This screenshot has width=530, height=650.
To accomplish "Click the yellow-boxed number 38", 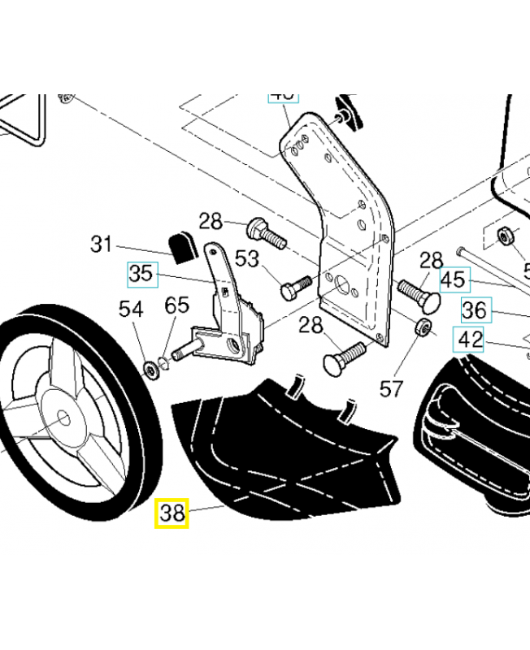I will pyautogui.click(x=172, y=513).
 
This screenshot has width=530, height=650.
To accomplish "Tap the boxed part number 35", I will pyautogui.click(x=141, y=274).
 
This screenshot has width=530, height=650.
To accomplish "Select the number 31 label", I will pyautogui.click(x=101, y=243).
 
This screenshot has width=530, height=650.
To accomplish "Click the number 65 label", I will pyautogui.click(x=176, y=305).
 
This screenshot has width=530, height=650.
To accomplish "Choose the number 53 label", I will pyautogui.click(x=247, y=259).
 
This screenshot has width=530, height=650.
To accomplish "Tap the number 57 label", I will pyautogui.click(x=392, y=388).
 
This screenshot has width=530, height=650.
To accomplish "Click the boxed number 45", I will pyautogui.click(x=453, y=280).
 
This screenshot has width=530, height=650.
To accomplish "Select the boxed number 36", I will pyautogui.click(x=475, y=310).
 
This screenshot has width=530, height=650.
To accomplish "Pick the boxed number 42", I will pyautogui.click(x=471, y=339).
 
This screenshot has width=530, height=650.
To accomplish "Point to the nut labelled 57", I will pyautogui.click(x=422, y=328).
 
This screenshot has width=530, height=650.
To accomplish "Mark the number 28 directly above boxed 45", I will pyautogui.click(x=431, y=261).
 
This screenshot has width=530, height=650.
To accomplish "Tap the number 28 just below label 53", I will pyautogui.click(x=310, y=326).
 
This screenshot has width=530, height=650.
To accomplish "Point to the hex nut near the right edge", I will pyautogui.click(x=503, y=236).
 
